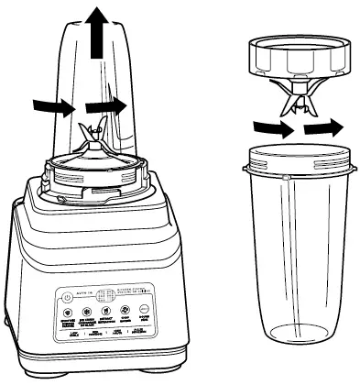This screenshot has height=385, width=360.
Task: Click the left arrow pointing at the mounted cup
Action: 50,107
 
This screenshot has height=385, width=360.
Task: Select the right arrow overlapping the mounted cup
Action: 107,107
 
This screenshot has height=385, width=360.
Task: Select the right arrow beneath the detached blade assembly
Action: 322,129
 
